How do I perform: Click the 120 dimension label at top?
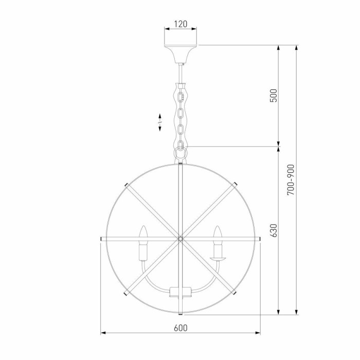181,24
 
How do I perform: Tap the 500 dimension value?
274,95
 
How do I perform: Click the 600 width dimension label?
180,328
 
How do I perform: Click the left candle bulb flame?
144,232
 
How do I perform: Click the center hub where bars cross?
181,239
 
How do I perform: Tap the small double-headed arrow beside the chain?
160,120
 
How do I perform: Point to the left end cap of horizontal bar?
102,239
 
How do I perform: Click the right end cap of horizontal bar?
259,239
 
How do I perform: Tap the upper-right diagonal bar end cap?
236,184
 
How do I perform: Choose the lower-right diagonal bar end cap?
236,294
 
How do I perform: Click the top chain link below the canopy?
181,96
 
